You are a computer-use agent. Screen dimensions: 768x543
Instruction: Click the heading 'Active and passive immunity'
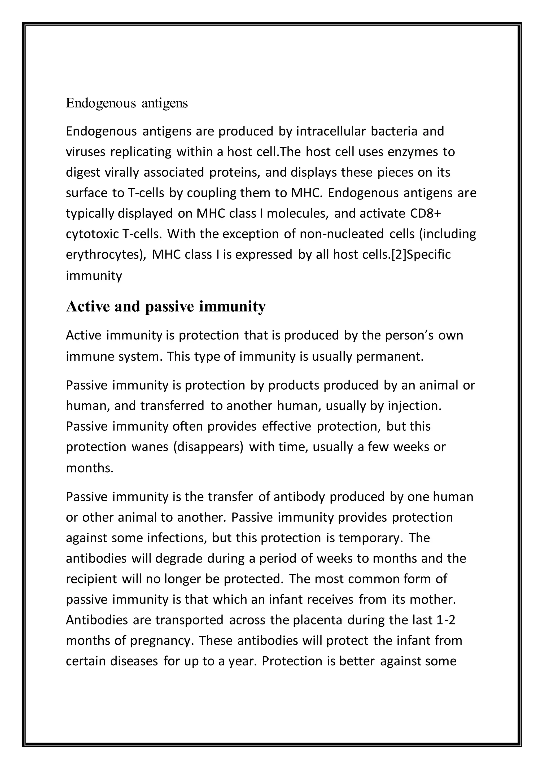click(x=166, y=306)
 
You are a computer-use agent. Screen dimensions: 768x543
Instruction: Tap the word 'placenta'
click(x=318, y=620)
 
